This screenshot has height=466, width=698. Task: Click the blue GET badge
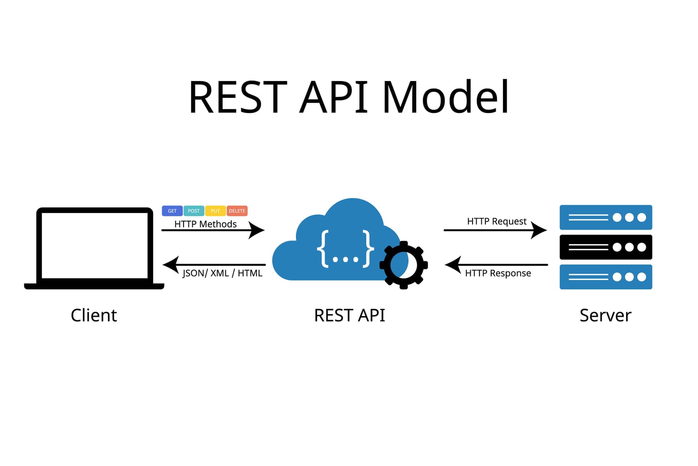(172, 211)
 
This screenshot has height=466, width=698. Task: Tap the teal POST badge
(194, 211)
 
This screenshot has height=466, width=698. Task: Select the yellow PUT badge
(215, 211)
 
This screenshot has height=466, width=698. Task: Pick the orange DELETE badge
(237, 211)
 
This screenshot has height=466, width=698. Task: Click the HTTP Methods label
(205, 224)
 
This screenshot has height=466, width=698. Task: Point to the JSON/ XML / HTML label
(222, 273)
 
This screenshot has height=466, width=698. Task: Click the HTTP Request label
(497, 221)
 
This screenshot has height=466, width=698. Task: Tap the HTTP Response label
(498, 273)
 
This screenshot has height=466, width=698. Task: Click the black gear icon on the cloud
(404, 265)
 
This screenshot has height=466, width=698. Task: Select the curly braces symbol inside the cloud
(345, 249)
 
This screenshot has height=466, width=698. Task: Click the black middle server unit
(606, 247)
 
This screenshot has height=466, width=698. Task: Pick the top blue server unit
(606, 217)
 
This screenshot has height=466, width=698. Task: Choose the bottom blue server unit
(606, 277)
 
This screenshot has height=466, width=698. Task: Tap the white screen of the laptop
(95, 245)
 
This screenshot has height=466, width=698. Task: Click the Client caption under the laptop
(94, 315)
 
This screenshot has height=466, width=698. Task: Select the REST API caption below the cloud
(349, 315)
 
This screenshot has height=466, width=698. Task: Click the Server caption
(605, 315)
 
